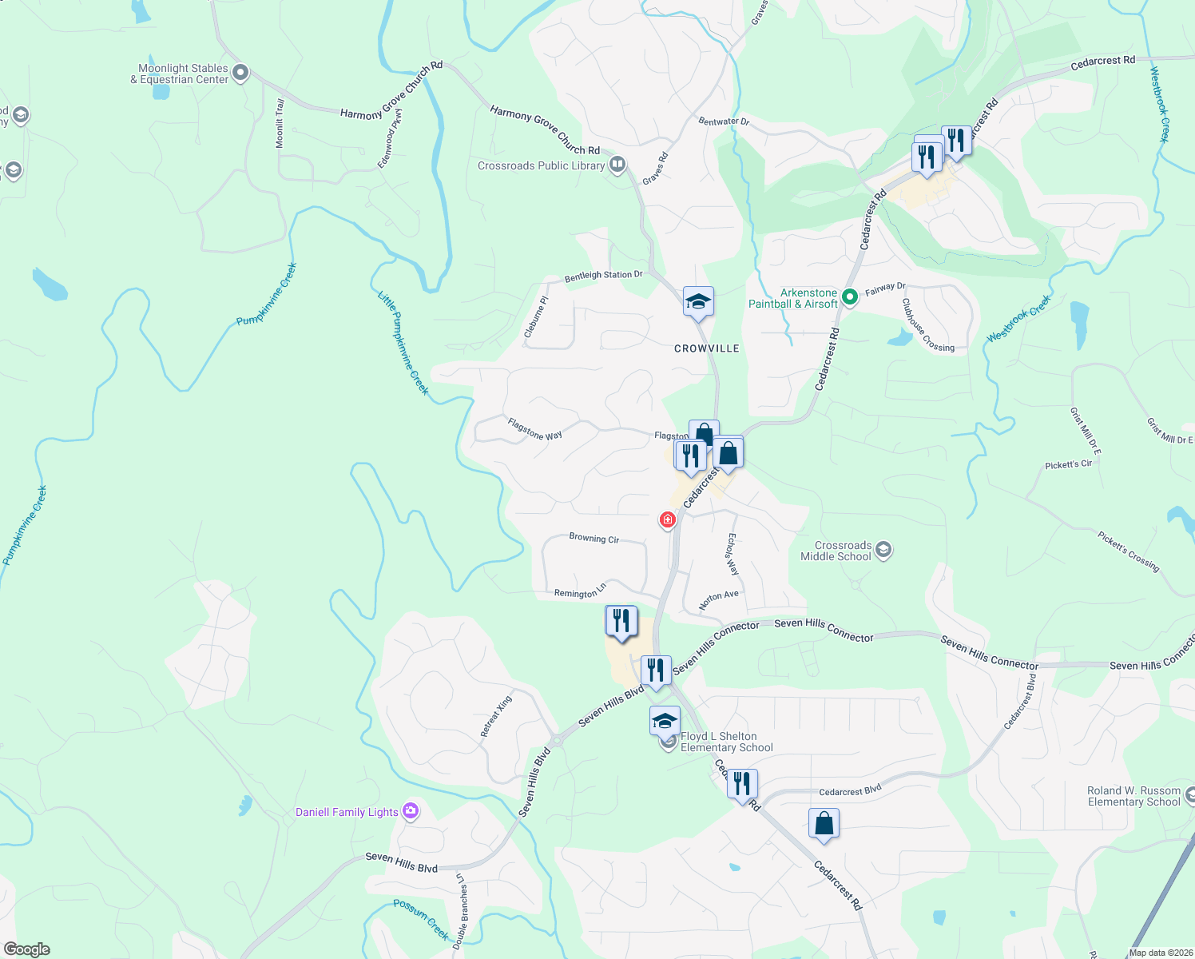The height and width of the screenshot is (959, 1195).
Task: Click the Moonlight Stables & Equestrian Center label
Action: click(x=183, y=74)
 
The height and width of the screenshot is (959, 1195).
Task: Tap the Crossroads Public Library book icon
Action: click(x=617, y=165)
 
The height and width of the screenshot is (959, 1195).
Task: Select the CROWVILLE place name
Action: click(x=706, y=348)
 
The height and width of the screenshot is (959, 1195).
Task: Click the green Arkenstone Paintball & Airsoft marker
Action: click(x=850, y=298)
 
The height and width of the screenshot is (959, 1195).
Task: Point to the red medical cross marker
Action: click(x=667, y=520)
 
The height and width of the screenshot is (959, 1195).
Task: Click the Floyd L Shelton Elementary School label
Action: click(x=726, y=742)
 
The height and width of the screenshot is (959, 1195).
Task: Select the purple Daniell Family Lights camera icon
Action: click(x=411, y=812)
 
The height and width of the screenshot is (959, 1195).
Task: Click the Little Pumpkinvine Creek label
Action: click(x=403, y=344)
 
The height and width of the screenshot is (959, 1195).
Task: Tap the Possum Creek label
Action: click(x=421, y=919)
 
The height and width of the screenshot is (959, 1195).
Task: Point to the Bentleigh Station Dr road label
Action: click(x=603, y=276)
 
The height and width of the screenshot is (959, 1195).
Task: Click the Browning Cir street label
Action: click(x=594, y=539)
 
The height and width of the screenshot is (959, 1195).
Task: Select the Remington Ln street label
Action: click(x=580, y=592)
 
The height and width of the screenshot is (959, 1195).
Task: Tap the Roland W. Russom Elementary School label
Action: click(x=1133, y=797)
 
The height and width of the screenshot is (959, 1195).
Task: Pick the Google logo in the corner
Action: click(x=27, y=949)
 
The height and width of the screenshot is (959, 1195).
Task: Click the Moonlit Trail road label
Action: click(x=280, y=124)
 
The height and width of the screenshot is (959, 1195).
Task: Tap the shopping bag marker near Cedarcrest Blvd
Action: click(x=824, y=823)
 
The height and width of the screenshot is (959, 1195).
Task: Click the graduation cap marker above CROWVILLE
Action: click(x=698, y=302)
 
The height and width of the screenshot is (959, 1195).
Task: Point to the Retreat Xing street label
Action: click(x=496, y=716)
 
